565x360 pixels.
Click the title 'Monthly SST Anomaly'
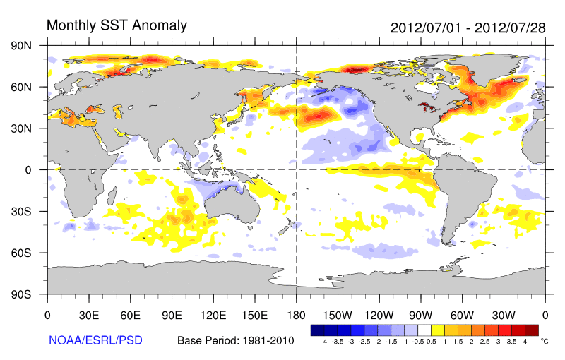click(x=117, y=25)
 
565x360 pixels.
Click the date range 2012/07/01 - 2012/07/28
click(x=468, y=28)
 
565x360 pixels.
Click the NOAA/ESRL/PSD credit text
click(x=96, y=340)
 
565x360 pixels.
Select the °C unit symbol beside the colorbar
click(x=544, y=340)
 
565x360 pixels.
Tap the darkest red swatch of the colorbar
click(x=532, y=330)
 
